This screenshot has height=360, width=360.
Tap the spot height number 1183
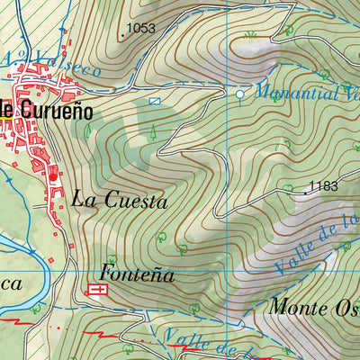[x=322, y=187]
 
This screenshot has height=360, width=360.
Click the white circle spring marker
[x=240, y=94]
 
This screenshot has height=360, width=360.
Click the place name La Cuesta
[x=120, y=200]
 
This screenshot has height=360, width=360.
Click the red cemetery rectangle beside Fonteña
[x=95, y=290]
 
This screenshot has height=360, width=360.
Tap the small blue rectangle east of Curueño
[x=155, y=102]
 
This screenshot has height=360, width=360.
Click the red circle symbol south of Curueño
[x=53, y=176]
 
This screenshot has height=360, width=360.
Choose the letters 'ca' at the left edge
[x=11, y=283]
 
